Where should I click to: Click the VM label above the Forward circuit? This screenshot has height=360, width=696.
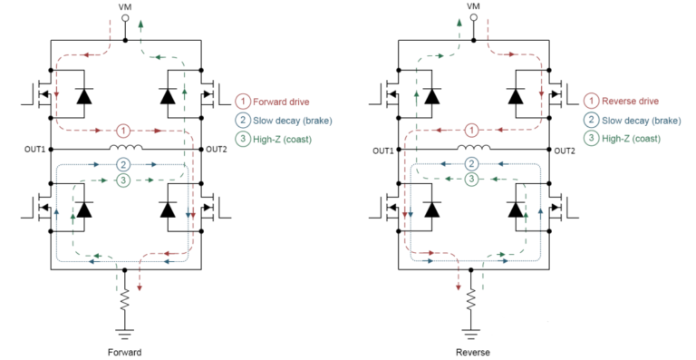124,6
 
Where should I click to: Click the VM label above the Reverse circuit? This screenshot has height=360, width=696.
472,6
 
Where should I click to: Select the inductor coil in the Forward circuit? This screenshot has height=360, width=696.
124,147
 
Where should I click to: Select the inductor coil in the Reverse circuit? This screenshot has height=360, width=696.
472,147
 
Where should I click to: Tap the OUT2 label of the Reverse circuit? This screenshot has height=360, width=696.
564,149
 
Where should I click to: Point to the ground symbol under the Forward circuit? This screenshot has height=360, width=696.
124,330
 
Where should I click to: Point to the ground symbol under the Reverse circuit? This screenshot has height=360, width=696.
472,330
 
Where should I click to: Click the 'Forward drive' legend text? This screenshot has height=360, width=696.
282,102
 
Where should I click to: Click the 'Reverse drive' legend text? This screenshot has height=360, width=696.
630,102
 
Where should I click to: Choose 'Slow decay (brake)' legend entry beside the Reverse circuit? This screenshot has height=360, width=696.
635,120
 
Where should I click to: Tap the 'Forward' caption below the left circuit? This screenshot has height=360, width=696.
124,351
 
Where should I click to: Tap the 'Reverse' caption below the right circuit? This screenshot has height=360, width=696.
472,351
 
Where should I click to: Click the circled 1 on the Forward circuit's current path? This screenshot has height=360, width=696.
124,129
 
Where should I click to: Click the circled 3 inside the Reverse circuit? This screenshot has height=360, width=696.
472,180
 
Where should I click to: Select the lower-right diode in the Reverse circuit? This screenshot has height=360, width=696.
516,209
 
